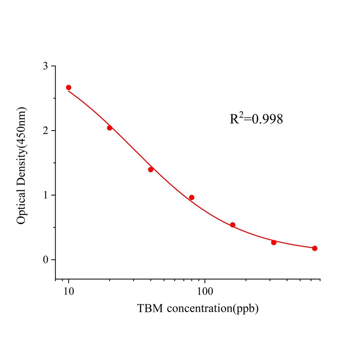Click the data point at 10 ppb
pos(69,88)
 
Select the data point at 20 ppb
pos(109,128)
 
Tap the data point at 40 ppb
pos(150,169)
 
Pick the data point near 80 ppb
pos(192,198)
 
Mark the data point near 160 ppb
pos(233,225)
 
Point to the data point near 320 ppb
pos(274,243)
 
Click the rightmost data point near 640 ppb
pos(315,248)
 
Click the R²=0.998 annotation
pos(256,119)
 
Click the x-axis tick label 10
pos(69,292)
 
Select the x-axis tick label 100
pos(205,292)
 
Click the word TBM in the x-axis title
pos(150,309)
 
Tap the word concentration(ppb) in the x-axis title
pos(213,309)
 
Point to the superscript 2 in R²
pos(241,114)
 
